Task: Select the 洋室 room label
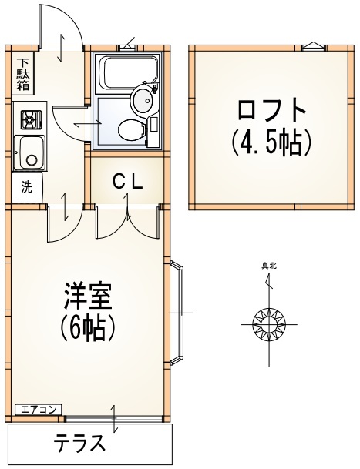(88, 298)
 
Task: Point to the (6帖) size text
(88, 329)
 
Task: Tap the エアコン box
(36, 410)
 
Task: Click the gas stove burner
(30, 119)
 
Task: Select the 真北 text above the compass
(269, 266)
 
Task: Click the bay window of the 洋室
(177, 313)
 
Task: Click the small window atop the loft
(312, 47)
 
